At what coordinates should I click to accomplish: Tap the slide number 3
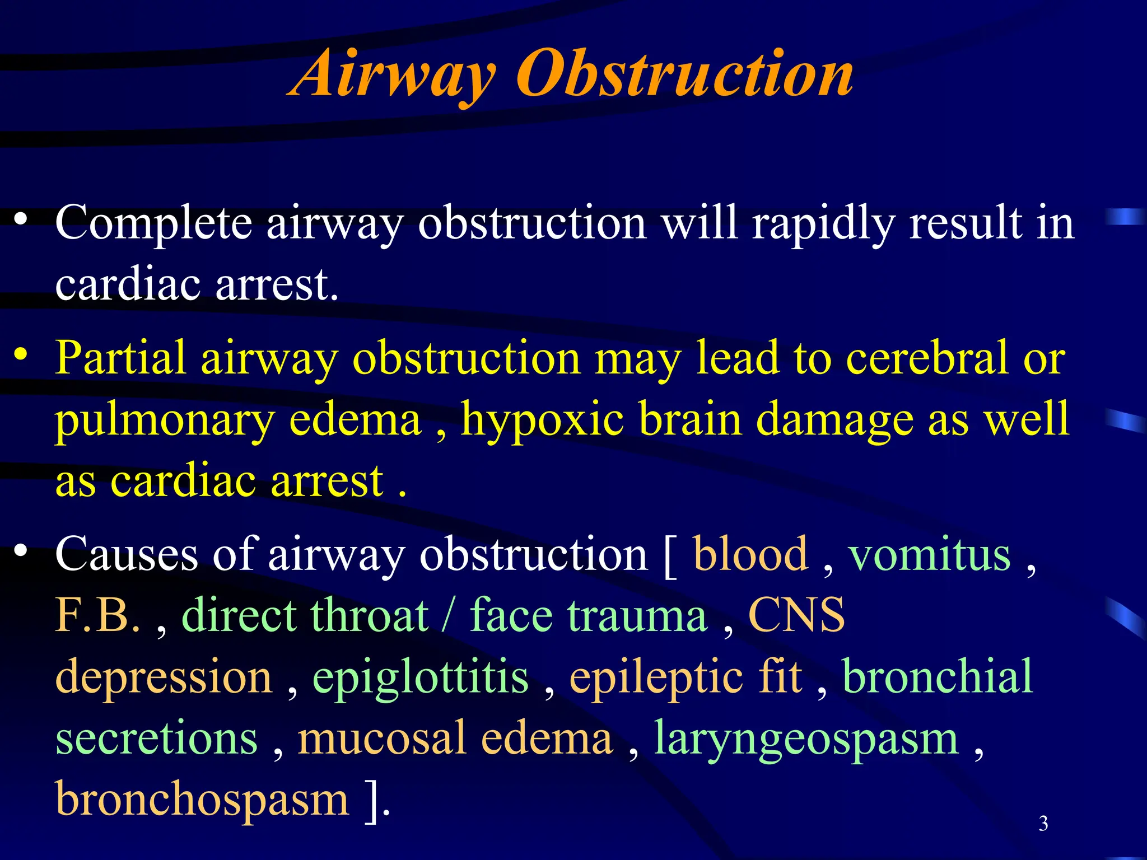(x=1043, y=824)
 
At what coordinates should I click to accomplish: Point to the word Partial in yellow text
(x=120, y=358)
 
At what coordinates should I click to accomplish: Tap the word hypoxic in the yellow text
(x=542, y=420)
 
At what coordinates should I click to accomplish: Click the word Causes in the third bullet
(x=127, y=554)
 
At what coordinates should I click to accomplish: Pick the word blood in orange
(x=750, y=554)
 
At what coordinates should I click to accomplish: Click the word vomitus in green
(x=930, y=554)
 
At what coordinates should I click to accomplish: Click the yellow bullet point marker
(x=21, y=354)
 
